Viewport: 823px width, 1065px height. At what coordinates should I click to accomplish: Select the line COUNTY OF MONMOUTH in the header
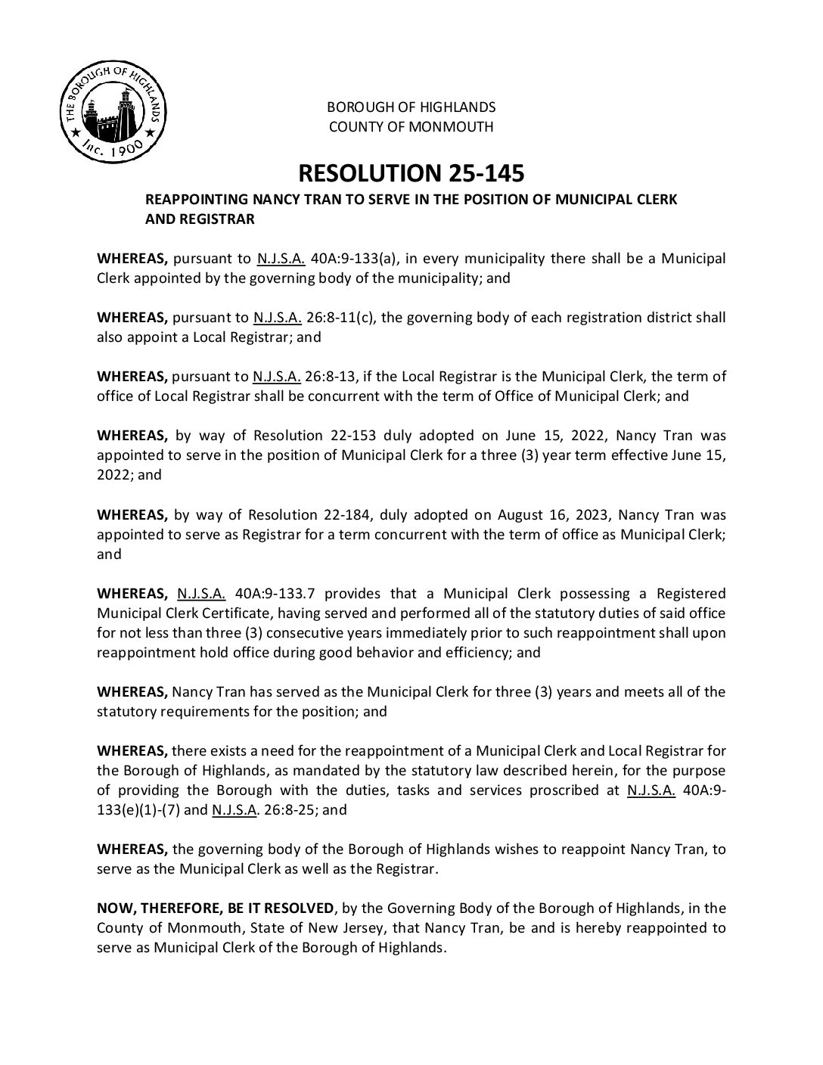pyautogui.click(x=411, y=126)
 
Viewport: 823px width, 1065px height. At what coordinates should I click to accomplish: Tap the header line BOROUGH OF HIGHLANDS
pyautogui.click(x=411, y=107)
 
